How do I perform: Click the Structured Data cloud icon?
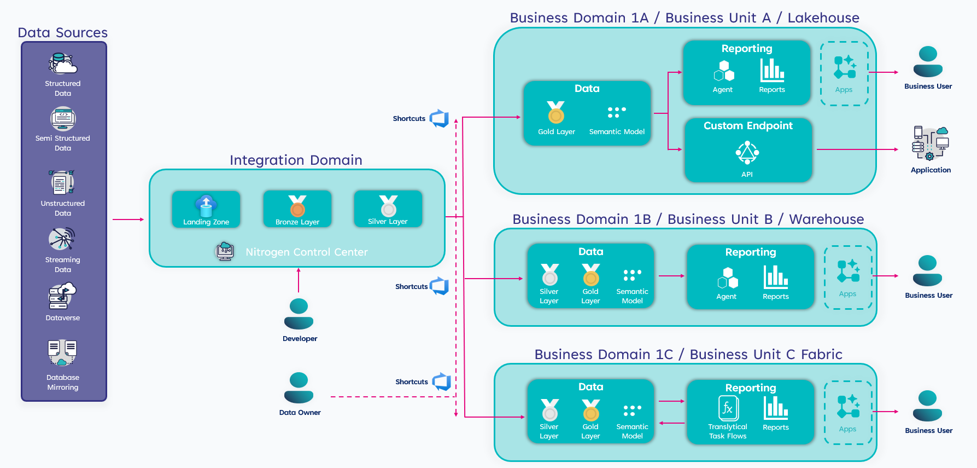[63, 64]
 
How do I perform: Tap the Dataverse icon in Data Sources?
[62, 296]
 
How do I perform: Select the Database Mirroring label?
[63, 382]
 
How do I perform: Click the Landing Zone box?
[206, 209]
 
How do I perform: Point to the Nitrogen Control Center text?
[306, 252]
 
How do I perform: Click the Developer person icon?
[299, 314]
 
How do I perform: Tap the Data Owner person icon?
[299, 388]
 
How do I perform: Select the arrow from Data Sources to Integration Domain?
[128, 219]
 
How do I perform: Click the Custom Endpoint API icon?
[747, 153]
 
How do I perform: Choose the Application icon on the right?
[930, 143]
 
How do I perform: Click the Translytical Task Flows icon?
[728, 408]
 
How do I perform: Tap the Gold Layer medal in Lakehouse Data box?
[556, 112]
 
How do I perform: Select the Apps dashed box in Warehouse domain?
[848, 278]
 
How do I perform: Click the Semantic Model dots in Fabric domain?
[632, 411]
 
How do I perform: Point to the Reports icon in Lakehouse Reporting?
[772, 70]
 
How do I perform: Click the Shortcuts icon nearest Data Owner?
[441, 382]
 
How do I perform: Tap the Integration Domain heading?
[296, 160]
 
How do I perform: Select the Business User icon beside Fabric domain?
[927, 406]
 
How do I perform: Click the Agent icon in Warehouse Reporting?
[728, 278]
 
